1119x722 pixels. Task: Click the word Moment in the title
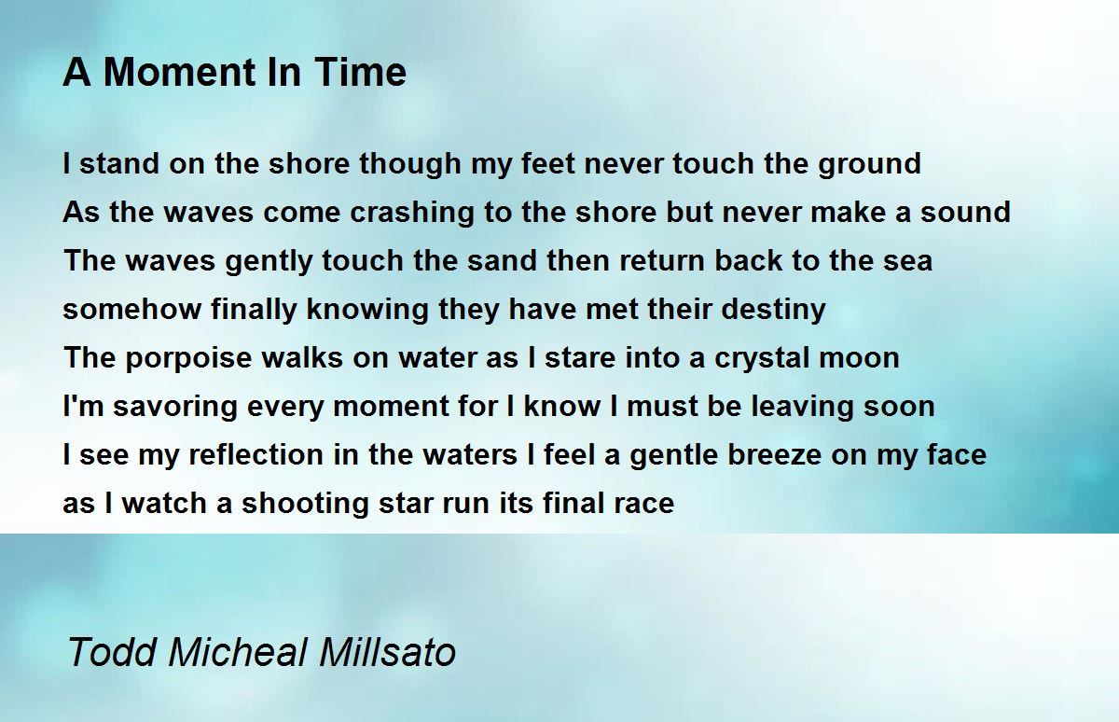(x=178, y=72)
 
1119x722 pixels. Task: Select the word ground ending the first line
(x=869, y=165)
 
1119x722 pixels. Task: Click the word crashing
(x=411, y=214)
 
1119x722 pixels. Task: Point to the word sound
(x=966, y=212)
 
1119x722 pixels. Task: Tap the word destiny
(x=773, y=311)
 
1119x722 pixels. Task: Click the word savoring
(x=175, y=408)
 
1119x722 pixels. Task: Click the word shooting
(x=305, y=504)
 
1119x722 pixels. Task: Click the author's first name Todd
(x=112, y=651)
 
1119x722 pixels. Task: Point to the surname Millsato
(x=388, y=651)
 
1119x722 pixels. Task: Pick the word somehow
(x=131, y=309)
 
